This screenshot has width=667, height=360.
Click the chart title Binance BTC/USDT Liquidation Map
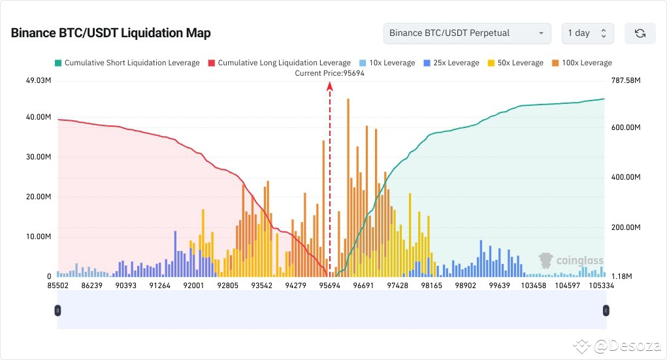pos(110,33)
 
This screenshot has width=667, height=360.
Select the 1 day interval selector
pos(587,33)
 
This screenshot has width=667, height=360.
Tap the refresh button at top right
pos(640,33)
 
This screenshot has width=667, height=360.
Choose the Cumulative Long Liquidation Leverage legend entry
pos(279,63)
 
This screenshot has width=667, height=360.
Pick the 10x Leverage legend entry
pos(387,63)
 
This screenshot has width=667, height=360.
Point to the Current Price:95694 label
pos(329,73)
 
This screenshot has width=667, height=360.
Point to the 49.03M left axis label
pos(38,80)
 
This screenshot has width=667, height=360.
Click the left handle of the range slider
pos(58,310)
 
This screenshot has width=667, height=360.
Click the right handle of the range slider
pos(606,310)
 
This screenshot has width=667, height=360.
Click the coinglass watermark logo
pos(570,261)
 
